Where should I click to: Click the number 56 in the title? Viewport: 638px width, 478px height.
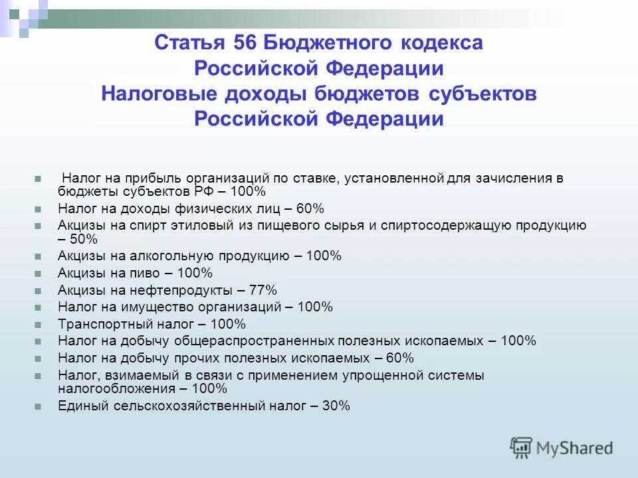[x=247, y=44]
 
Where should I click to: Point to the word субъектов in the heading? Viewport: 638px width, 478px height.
[x=481, y=94]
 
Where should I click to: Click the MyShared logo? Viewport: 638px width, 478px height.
[x=562, y=447]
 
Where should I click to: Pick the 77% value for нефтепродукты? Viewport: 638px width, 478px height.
[x=263, y=290]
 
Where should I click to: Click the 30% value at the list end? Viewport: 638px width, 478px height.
[x=336, y=406]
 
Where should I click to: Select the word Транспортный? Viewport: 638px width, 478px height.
[x=99, y=325]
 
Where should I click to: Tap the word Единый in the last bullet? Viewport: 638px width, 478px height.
[x=78, y=406]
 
